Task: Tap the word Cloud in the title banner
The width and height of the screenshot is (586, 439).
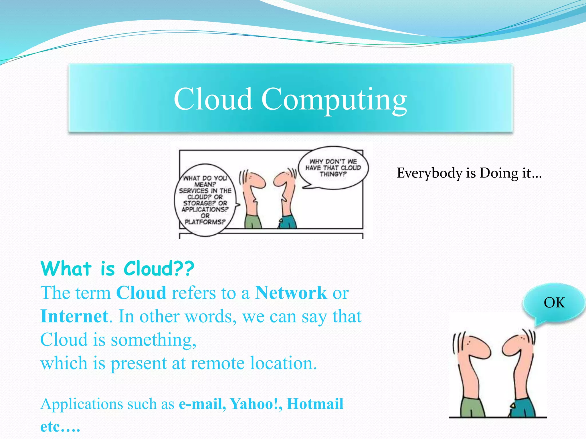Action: tap(213, 99)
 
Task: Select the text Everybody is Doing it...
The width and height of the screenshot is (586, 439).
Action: tap(469, 173)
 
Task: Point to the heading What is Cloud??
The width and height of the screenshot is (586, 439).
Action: tap(117, 269)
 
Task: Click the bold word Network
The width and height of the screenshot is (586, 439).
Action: tap(291, 293)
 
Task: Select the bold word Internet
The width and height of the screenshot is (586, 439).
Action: tap(74, 316)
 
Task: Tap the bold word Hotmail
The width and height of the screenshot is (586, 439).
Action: tap(315, 404)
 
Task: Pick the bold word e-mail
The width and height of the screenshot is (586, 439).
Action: tap(202, 404)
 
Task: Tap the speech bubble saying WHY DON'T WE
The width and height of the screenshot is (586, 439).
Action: tap(333, 168)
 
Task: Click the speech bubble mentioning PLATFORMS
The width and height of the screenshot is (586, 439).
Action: tap(205, 200)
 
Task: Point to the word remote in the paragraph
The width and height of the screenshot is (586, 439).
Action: tap(218, 363)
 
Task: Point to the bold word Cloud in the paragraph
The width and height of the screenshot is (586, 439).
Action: tap(141, 293)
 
